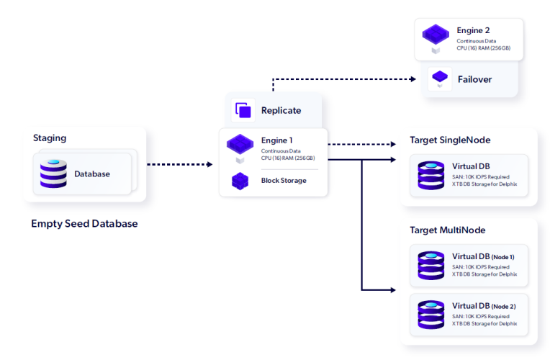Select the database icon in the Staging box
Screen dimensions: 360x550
point(53,174)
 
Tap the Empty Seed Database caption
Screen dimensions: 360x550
point(84,223)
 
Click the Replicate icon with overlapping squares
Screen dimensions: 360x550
point(243,110)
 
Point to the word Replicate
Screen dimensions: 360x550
point(281,110)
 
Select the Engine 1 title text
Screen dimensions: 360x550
point(278,140)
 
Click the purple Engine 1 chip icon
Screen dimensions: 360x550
point(240,144)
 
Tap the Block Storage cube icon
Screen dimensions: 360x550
point(240,181)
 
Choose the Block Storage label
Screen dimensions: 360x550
point(284,180)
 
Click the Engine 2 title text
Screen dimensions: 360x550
point(473,31)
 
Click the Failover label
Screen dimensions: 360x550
point(474,79)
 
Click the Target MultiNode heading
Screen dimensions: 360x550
point(447,230)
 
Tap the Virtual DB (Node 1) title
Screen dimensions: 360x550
point(483,256)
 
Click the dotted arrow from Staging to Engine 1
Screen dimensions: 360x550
point(179,164)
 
